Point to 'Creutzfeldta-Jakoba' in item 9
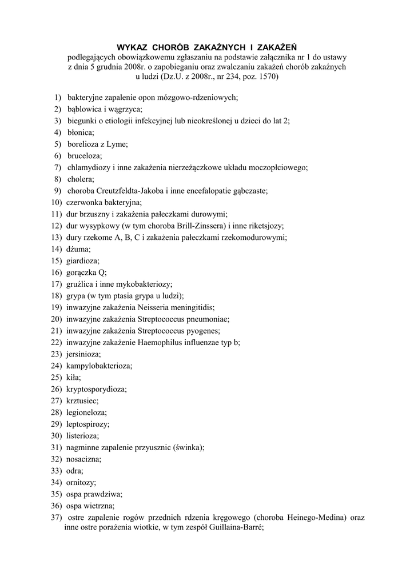pos(134,191)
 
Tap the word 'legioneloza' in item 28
pos(86,412)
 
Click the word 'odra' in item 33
pos(74,471)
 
